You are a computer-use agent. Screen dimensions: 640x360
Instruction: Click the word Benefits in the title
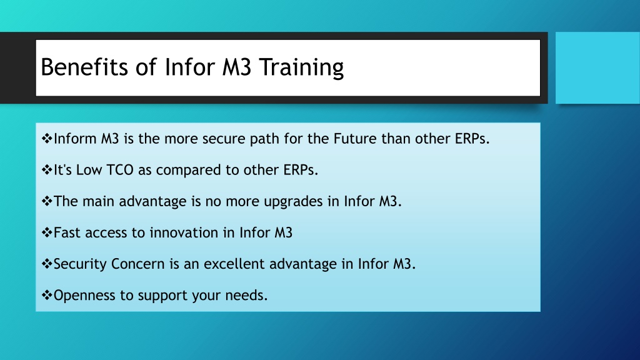click(84, 67)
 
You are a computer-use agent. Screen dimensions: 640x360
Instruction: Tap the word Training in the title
click(302, 67)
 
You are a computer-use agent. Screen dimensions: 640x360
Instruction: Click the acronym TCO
click(119, 170)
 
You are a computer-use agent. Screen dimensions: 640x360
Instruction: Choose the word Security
click(80, 264)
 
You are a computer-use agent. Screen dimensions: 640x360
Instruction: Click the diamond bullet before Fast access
click(47, 232)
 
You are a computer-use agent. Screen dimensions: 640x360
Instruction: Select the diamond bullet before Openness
click(47, 295)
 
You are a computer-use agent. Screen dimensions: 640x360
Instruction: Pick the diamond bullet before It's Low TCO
click(47, 170)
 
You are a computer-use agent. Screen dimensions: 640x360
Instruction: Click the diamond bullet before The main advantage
click(47, 201)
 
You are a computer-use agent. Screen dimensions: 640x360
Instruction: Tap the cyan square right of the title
click(597, 67)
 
